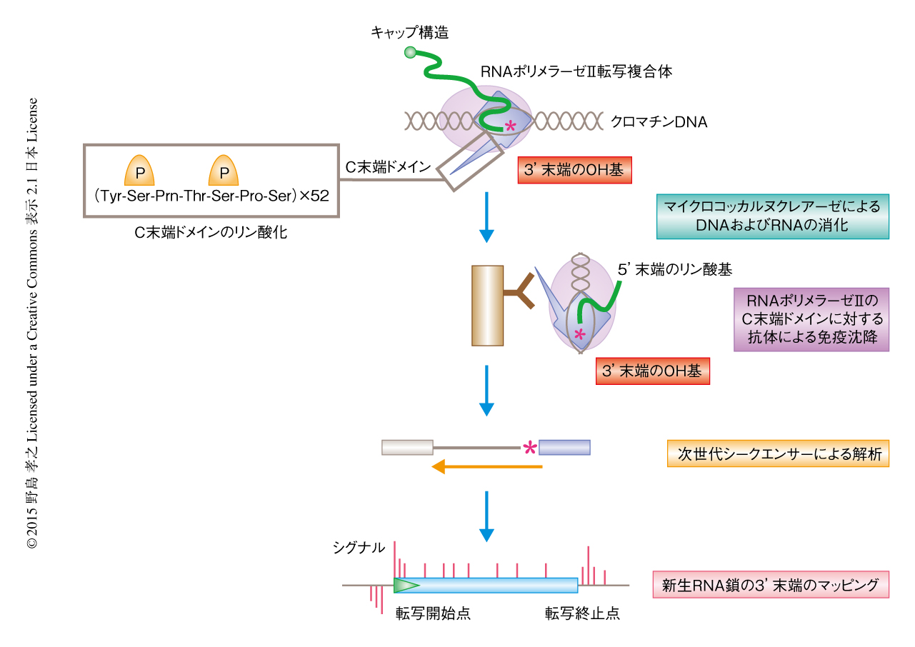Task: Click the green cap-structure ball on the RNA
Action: [x=410, y=51]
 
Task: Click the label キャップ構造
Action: [x=409, y=31]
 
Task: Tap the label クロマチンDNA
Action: [x=659, y=122]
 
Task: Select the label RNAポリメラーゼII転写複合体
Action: [x=576, y=71]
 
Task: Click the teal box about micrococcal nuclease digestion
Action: [x=773, y=216]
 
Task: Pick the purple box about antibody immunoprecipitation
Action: [x=811, y=319]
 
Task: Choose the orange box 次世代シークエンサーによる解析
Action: [x=778, y=453]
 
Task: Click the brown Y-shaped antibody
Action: [x=520, y=292]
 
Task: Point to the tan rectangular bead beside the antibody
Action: [x=488, y=305]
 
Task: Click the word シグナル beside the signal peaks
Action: [x=359, y=548]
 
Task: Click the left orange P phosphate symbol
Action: [x=140, y=171]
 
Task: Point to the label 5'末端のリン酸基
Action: [x=675, y=269]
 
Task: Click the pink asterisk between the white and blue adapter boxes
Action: [x=529, y=448]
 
